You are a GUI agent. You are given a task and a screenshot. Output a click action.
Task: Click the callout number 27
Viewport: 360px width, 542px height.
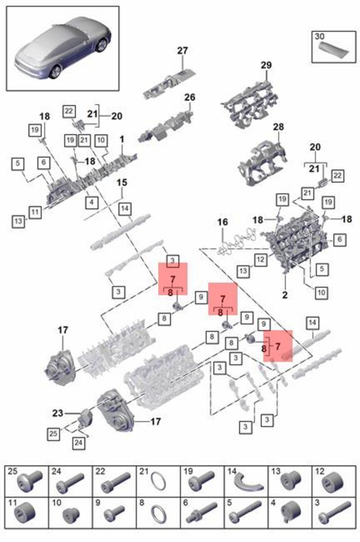tap(182, 51)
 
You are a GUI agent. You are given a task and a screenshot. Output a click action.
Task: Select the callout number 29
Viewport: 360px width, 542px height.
tap(266, 65)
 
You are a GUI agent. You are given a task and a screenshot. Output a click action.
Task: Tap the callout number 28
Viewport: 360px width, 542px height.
tap(279, 126)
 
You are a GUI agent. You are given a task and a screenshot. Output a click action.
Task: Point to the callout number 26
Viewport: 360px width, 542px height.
tap(189, 97)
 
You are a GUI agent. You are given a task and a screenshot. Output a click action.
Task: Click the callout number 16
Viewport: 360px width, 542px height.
tap(223, 222)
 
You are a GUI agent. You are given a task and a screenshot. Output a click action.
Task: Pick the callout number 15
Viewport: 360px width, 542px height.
tap(122, 183)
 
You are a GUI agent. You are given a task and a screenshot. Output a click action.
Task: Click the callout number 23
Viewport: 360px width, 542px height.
tap(57, 413)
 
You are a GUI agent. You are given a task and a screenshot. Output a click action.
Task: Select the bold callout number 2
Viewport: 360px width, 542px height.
tap(285, 295)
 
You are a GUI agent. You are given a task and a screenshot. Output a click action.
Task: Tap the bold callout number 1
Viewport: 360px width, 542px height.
tap(122, 139)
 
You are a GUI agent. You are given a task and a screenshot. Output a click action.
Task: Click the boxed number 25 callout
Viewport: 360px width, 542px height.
tap(53, 434)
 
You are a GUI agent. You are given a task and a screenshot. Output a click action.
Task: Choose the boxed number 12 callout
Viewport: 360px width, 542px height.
tap(261, 260)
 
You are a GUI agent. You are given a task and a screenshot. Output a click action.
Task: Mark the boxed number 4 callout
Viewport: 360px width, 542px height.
tap(91, 202)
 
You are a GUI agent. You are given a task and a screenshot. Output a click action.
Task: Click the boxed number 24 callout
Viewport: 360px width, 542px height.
tap(79, 443)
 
